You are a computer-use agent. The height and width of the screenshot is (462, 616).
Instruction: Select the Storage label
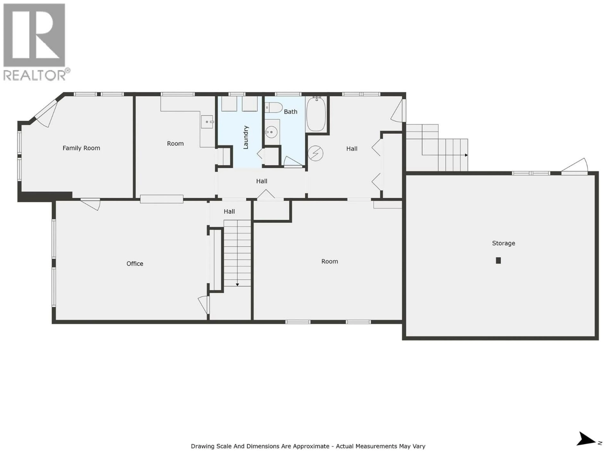(504, 243)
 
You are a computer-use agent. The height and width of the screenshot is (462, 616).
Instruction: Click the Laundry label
(246, 137)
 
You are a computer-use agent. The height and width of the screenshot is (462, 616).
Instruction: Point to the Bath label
(291, 112)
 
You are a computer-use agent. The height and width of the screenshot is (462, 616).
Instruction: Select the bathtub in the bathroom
(316, 114)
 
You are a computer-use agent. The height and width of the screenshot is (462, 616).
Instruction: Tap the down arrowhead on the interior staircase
(237, 285)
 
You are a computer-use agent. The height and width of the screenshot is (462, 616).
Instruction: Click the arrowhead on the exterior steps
(466, 155)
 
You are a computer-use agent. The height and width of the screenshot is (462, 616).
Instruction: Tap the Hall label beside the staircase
(229, 212)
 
